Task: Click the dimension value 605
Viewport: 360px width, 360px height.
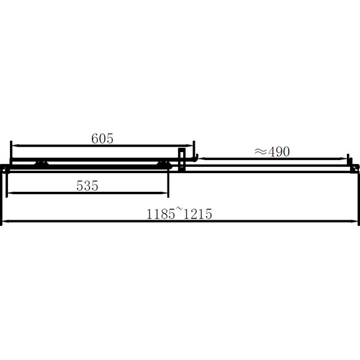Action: click(102, 138)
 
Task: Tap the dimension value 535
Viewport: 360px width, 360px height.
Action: click(88, 186)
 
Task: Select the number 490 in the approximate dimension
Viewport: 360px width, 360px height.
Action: click(279, 152)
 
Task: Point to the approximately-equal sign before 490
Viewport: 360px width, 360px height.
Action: click(261, 151)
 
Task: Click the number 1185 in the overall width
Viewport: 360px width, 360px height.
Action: click(161, 214)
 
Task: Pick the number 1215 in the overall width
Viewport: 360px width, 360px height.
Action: click(198, 214)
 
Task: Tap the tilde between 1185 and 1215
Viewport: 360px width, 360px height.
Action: click(179, 209)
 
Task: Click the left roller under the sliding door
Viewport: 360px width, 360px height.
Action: click(42, 164)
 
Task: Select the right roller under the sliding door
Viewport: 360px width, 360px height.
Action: click(164, 164)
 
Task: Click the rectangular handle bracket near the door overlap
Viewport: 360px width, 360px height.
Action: click(182, 160)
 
